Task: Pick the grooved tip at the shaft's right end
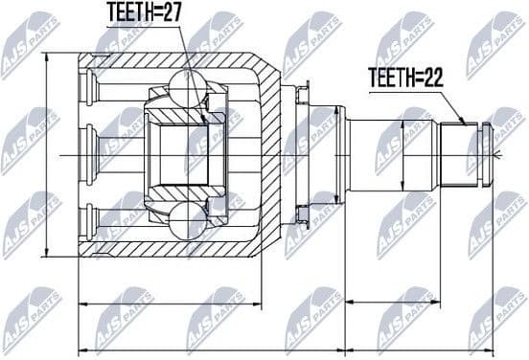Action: tap(485, 153)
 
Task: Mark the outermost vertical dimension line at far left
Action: tap(46, 153)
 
